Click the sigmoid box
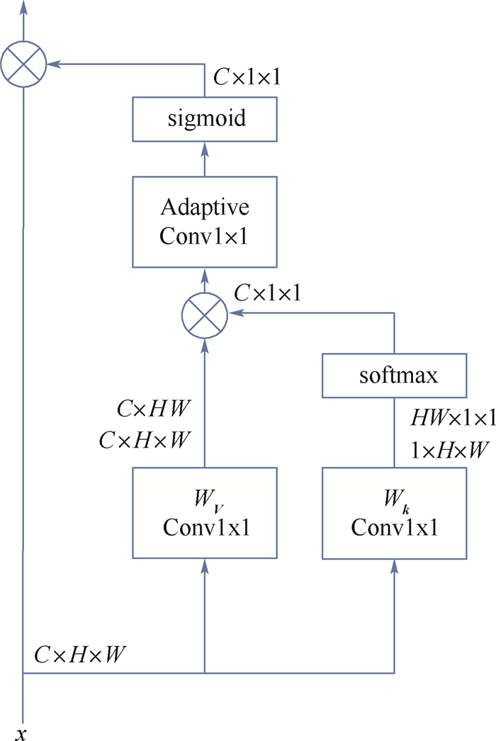pyautogui.click(x=205, y=118)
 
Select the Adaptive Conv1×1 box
pyautogui.click(x=205, y=222)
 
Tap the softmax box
pyautogui.click(x=394, y=375)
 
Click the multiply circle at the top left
pyautogui.click(x=24, y=64)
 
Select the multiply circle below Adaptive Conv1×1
pyautogui.click(x=205, y=312)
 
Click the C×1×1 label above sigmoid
pyautogui.click(x=247, y=77)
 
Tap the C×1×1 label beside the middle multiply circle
pyautogui.click(x=267, y=293)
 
